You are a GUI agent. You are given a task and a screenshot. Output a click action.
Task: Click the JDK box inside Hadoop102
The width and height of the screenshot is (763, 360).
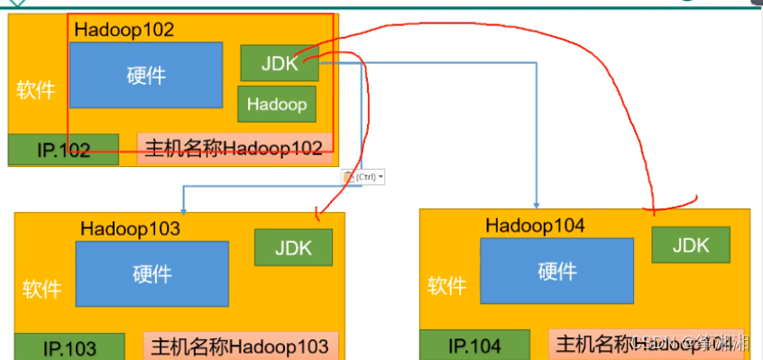click(x=280, y=63)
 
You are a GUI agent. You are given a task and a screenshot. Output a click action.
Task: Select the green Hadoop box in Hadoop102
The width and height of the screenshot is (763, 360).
click(x=277, y=104)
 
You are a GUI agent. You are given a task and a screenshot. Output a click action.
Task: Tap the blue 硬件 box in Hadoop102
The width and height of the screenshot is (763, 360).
click(x=146, y=75)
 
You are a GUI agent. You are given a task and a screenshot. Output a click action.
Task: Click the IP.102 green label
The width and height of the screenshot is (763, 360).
click(x=63, y=150)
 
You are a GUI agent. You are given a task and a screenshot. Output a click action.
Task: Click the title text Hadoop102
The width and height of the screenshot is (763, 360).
click(x=124, y=29)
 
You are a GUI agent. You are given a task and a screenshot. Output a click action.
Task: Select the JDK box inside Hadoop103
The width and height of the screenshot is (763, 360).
click(x=293, y=247)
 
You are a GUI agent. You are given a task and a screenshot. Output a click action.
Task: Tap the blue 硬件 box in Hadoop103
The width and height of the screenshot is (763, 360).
click(x=152, y=272)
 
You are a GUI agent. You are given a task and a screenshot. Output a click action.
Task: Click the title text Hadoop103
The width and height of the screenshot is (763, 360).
click(x=130, y=228)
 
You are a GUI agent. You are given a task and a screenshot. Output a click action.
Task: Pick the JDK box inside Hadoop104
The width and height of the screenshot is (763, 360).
click(x=690, y=245)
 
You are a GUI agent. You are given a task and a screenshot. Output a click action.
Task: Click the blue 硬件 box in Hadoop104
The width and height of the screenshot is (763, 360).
click(x=556, y=271)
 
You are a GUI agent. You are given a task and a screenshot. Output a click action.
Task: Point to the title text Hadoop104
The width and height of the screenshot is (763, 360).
click(x=535, y=226)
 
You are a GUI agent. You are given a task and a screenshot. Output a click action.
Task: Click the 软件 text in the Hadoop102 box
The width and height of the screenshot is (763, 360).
click(x=36, y=90)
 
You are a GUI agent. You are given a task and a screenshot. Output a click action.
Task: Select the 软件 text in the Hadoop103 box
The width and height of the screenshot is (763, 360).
click(x=42, y=289)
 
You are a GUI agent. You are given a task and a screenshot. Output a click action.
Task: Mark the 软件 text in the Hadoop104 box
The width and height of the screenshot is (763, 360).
click(x=447, y=286)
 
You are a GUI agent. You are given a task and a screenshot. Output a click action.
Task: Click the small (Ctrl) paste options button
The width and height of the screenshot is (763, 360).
click(x=363, y=177)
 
